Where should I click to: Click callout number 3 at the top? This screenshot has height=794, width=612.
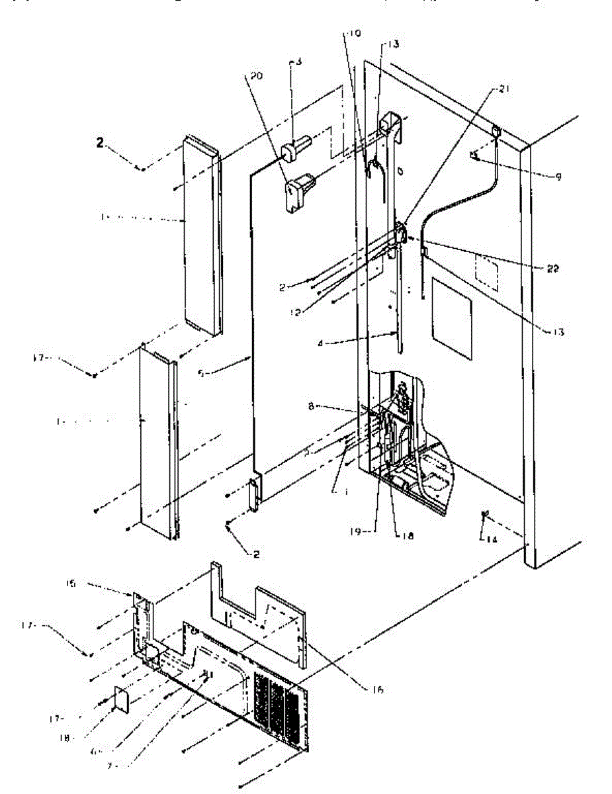[298, 62]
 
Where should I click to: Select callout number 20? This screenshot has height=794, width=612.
[255, 77]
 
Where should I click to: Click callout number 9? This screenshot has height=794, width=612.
[558, 177]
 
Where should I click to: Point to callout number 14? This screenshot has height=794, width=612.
[490, 540]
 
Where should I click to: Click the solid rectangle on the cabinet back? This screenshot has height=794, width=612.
[453, 318]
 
